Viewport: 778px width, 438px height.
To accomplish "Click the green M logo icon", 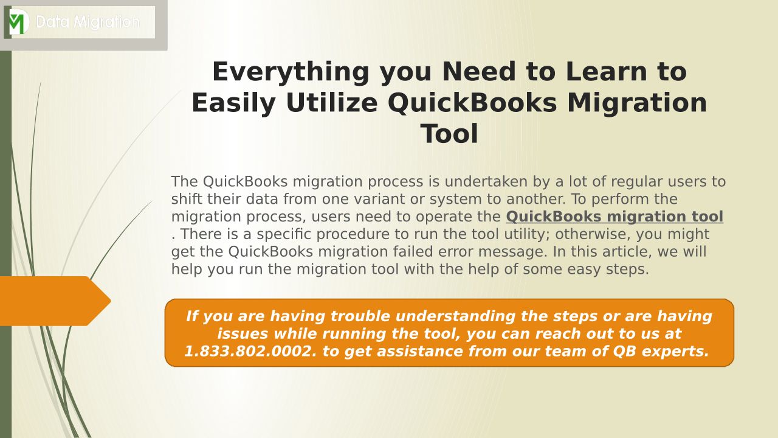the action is (18, 22).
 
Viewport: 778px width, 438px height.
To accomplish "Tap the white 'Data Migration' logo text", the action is (88, 23).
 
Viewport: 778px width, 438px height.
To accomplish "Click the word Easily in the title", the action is (234, 103).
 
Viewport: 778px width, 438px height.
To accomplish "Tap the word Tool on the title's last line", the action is (449, 134).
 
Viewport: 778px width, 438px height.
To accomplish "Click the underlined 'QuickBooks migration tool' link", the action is (614, 217).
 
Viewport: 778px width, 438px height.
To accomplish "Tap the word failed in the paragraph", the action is (413, 252).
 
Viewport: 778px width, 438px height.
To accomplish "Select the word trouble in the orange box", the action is (360, 316).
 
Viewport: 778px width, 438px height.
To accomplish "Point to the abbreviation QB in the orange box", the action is (624, 352).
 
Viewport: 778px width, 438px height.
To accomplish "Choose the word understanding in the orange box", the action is (455, 316).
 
